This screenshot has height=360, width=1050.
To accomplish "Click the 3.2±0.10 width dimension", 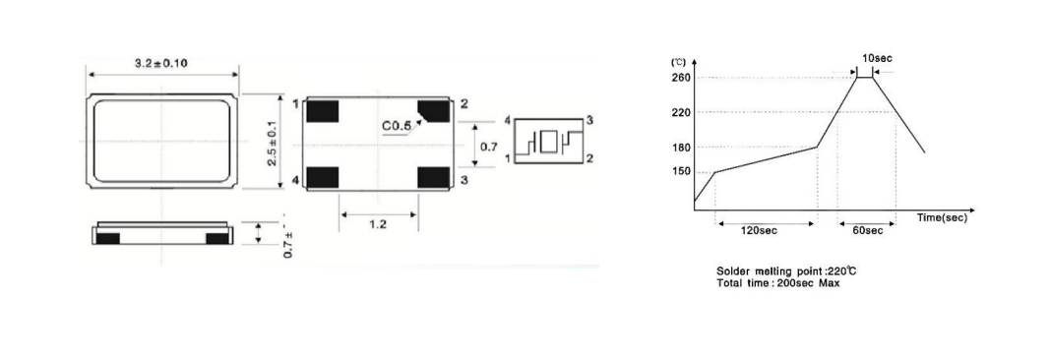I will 161,63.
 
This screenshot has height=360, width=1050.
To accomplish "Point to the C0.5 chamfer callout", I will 397,127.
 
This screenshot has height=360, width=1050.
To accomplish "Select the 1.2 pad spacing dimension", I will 379,225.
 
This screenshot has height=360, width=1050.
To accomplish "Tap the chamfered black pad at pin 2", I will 432,109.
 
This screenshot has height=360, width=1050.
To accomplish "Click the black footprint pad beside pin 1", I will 323,109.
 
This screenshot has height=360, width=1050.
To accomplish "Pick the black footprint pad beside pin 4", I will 323,177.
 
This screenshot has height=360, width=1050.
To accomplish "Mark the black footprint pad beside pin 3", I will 433,177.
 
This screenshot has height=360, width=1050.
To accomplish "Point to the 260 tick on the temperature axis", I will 681,78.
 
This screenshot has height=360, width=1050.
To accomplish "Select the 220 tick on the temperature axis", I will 681,112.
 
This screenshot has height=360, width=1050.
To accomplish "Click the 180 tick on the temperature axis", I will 681,148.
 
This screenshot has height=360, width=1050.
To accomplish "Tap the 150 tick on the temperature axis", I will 681,172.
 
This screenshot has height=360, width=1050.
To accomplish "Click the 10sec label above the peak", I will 878,59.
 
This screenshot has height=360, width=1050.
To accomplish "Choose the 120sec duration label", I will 759,231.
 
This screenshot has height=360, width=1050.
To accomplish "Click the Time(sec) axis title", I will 942,217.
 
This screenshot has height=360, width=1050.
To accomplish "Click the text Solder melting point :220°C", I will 780,271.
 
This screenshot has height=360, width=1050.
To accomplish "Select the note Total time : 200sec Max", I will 778,283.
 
